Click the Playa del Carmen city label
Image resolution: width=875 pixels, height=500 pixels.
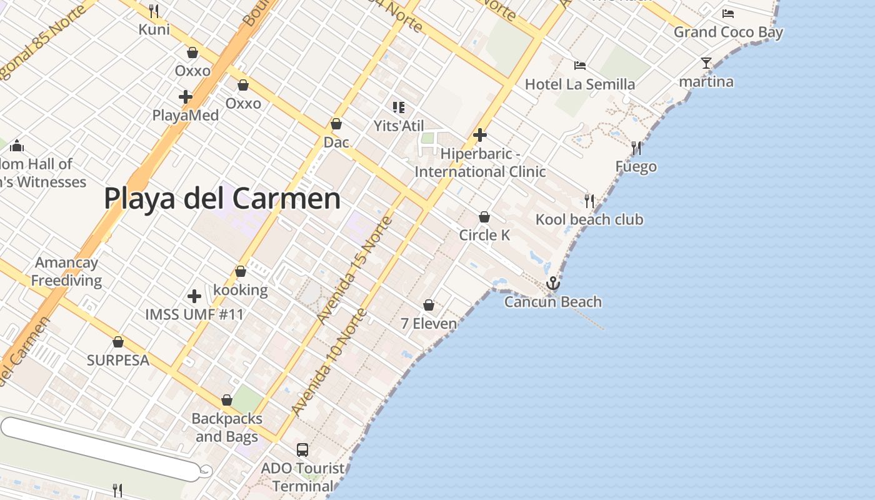click(x=222, y=199)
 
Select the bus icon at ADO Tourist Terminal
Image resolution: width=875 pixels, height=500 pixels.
click(x=302, y=449)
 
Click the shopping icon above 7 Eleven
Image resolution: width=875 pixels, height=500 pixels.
click(x=429, y=306)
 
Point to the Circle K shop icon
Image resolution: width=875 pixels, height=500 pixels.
click(x=484, y=217)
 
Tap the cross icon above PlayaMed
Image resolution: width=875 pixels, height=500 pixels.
click(x=185, y=97)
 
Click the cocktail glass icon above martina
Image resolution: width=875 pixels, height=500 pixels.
click(x=706, y=63)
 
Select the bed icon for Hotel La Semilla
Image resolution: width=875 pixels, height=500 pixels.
click(x=580, y=66)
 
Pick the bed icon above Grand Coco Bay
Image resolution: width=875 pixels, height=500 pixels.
click(x=728, y=14)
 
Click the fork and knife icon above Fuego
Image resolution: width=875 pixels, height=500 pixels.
click(x=636, y=148)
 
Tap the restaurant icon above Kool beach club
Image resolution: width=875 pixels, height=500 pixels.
click(x=589, y=201)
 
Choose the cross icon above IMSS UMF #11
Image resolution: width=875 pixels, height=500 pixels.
click(x=194, y=296)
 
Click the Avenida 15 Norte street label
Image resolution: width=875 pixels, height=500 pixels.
click(x=354, y=270)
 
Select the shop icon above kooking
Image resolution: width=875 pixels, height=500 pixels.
click(x=241, y=272)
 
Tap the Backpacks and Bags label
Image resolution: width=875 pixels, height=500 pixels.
click(x=226, y=427)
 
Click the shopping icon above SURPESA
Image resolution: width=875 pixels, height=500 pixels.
click(x=118, y=342)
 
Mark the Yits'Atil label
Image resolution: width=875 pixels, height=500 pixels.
click(x=399, y=126)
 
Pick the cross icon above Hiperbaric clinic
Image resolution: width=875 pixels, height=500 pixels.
click(x=480, y=135)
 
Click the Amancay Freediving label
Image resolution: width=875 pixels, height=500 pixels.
click(x=67, y=271)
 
